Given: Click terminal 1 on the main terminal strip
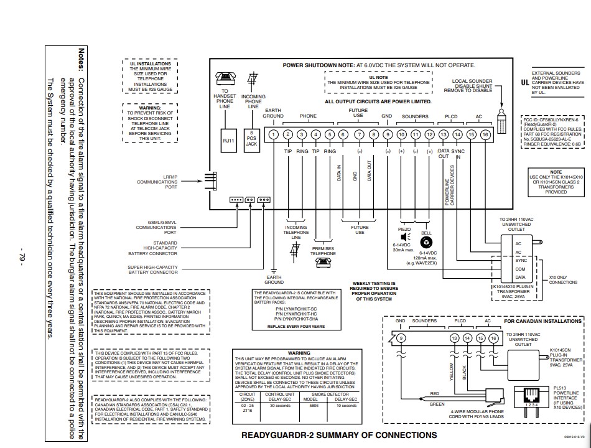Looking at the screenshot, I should pos(273,134).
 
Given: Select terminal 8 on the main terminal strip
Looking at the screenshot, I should pos(373,134).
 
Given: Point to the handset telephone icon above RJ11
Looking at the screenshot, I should pos(225,78).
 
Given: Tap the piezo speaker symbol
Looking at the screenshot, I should pos(404,237).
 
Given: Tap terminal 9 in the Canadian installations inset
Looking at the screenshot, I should pos(401,338).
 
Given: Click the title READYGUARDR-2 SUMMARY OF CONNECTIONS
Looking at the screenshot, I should pos(338,435).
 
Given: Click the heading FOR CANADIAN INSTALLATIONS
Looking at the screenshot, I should pos(542,322).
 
